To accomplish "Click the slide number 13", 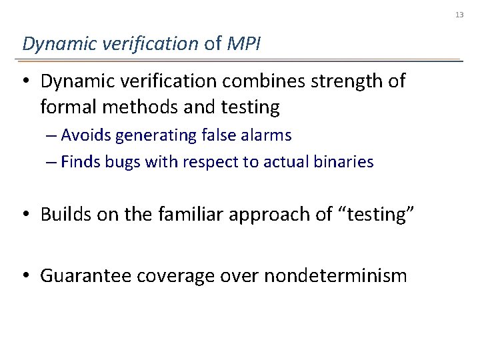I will [x=459, y=15].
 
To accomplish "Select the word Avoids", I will [x=86, y=135].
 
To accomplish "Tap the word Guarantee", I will [x=85, y=275].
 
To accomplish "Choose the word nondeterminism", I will [x=335, y=275].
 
